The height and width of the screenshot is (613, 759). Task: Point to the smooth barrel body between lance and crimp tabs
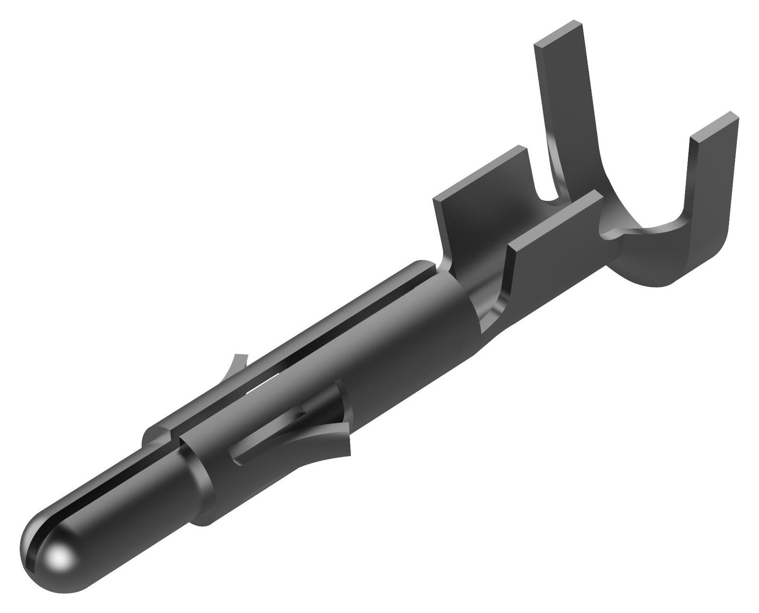(403, 342)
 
